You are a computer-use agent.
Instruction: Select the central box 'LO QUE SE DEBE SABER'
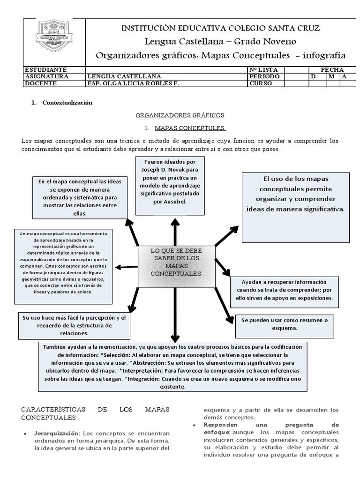tap(176, 266)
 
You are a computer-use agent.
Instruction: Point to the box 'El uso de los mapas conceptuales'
tap(295, 207)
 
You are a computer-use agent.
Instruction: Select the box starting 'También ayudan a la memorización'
tap(173, 367)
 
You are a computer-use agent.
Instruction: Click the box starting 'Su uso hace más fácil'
tap(74, 325)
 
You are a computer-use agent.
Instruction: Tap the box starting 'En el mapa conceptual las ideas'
tap(80, 197)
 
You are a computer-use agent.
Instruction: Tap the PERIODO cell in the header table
tap(264, 76)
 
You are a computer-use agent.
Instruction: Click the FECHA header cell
tap(332, 69)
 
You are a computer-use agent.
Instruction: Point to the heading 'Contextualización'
tap(67, 103)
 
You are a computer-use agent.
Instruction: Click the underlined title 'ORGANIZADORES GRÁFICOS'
tap(180, 115)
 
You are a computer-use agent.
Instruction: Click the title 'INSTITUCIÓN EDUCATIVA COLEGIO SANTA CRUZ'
tap(220, 28)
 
